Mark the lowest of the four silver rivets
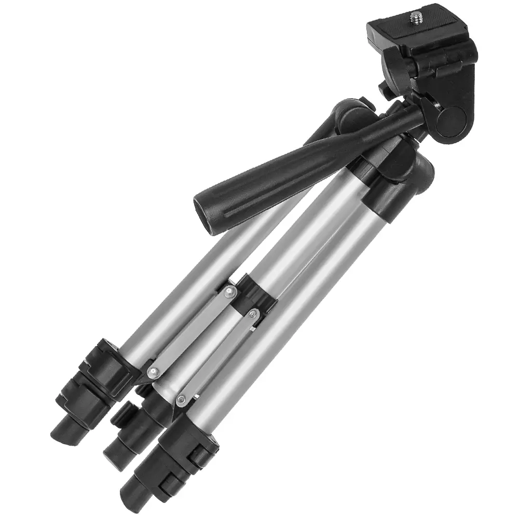[181, 399]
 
